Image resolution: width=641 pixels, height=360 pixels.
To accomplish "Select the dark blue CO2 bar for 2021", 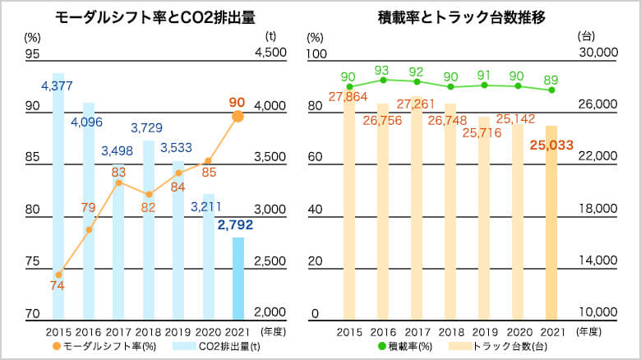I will coord(237,278).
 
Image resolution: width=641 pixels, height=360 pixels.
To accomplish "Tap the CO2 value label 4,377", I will coord(58,85).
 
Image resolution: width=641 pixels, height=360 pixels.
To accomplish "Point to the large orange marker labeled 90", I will coord(237,117).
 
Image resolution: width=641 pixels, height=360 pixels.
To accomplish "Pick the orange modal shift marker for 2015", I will coord(58,275).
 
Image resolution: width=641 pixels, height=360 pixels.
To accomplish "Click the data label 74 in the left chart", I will coord(58,286).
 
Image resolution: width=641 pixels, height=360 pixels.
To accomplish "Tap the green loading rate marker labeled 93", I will coord(383,80).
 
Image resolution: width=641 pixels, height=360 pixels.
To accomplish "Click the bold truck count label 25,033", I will coord(551,145).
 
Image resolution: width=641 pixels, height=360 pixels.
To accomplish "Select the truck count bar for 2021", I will coord(551,222).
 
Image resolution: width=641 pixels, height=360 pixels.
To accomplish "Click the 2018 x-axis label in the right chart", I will coord(450,331).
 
